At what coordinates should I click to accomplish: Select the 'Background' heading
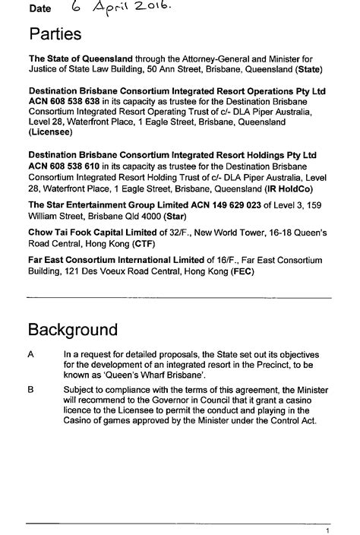pos(73,331)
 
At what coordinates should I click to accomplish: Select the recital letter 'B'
pos(31,390)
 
